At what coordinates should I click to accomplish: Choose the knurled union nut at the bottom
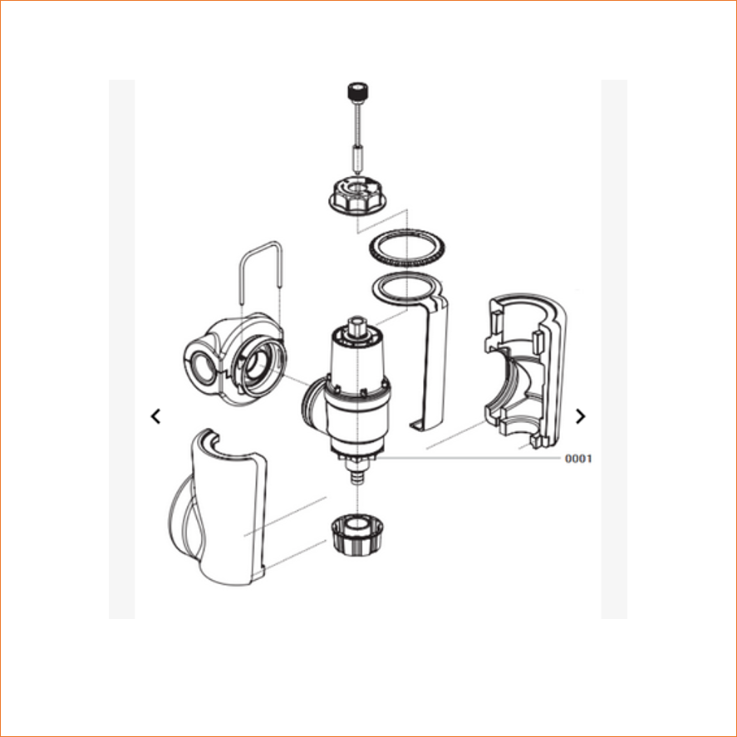click(x=357, y=535)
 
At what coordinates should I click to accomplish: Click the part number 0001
click(x=578, y=459)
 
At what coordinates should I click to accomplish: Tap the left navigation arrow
click(x=155, y=416)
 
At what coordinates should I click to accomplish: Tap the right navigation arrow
click(x=581, y=416)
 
